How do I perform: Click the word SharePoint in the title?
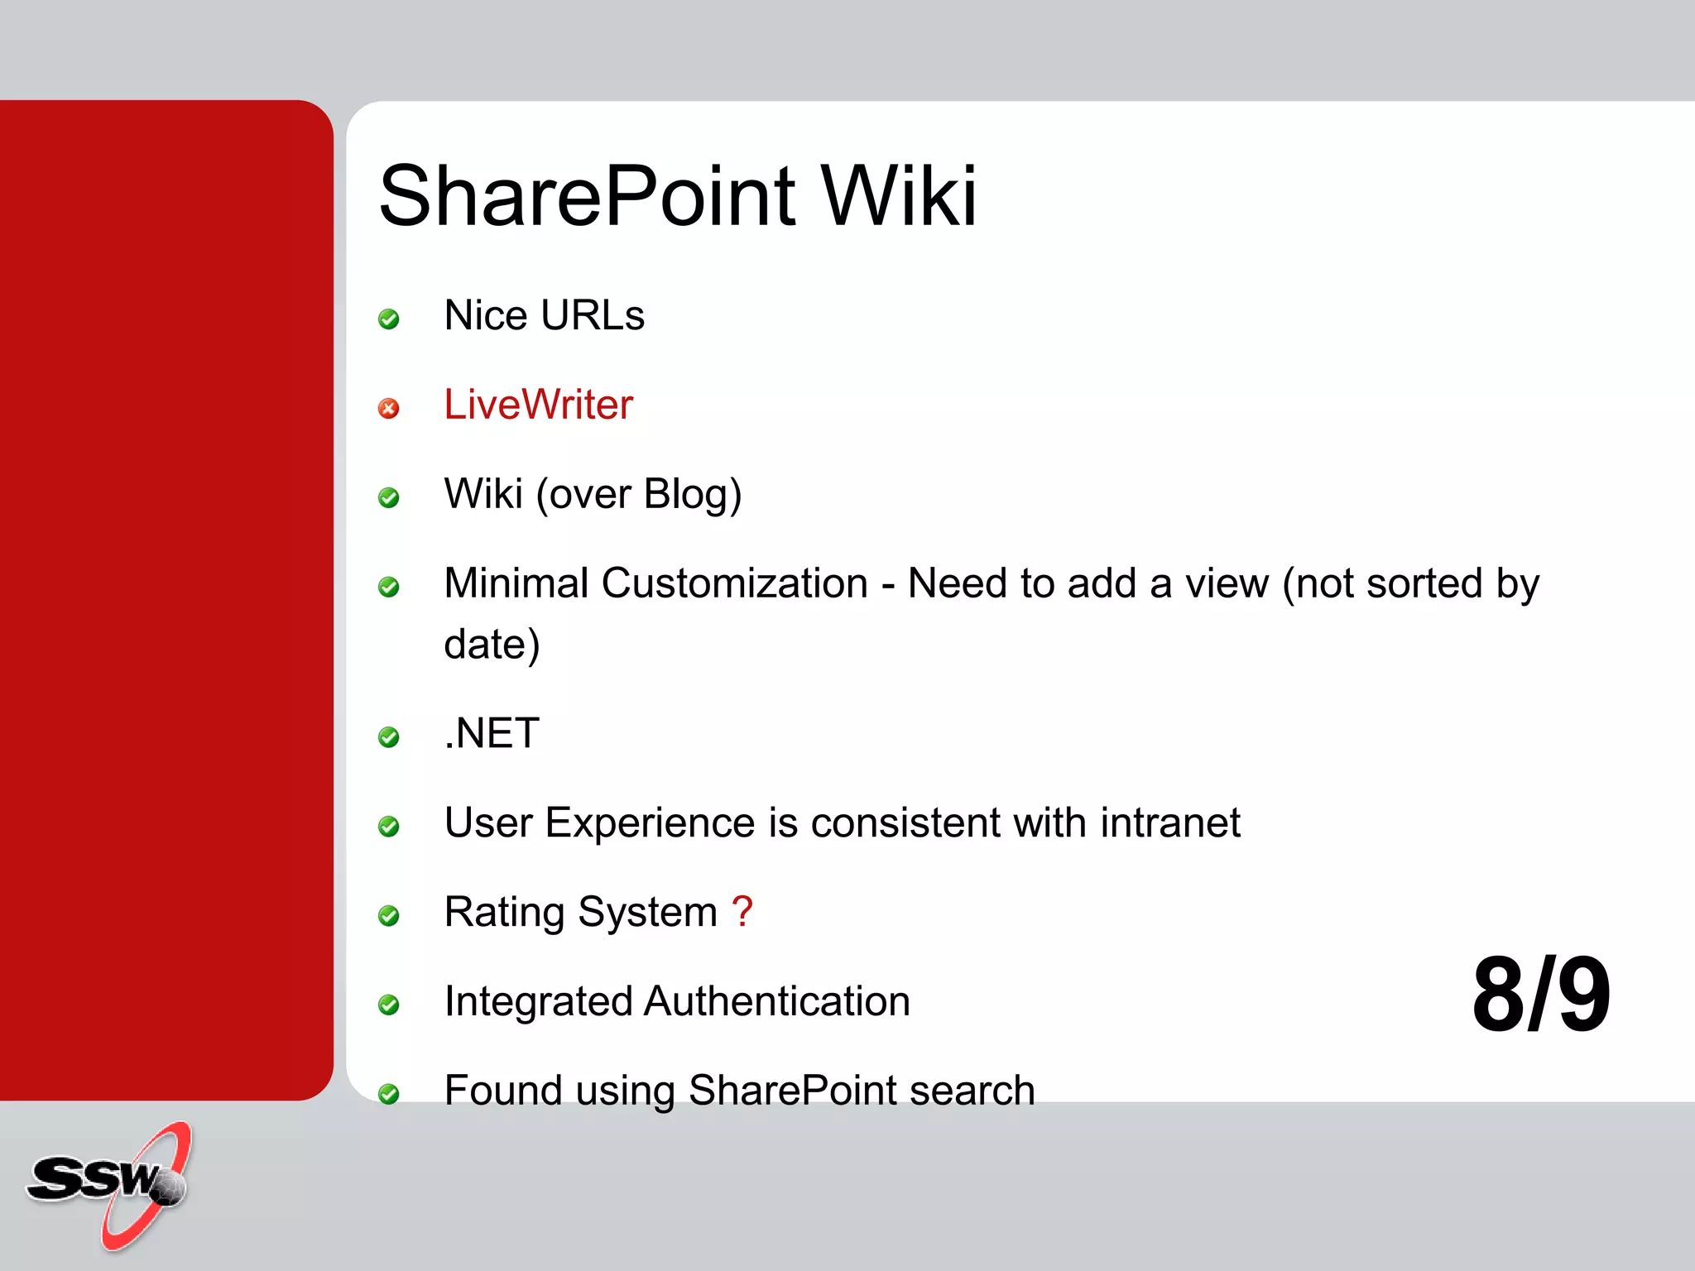[588, 197]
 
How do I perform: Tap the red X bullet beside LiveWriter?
[388, 408]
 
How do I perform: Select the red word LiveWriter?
[538, 405]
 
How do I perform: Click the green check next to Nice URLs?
[388, 319]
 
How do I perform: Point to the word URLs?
[593, 316]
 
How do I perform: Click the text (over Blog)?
[638, 495]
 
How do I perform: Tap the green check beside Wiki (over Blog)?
[388, 497]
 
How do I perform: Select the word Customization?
[734, 583]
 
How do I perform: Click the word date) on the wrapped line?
[492, 645]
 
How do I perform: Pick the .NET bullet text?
[492, 733]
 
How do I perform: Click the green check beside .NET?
[388, 736]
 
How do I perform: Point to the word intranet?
[1169, 823]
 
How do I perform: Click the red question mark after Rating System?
[742, 911]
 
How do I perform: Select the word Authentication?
[776, 1001]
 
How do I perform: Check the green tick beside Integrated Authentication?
[388, 1005]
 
